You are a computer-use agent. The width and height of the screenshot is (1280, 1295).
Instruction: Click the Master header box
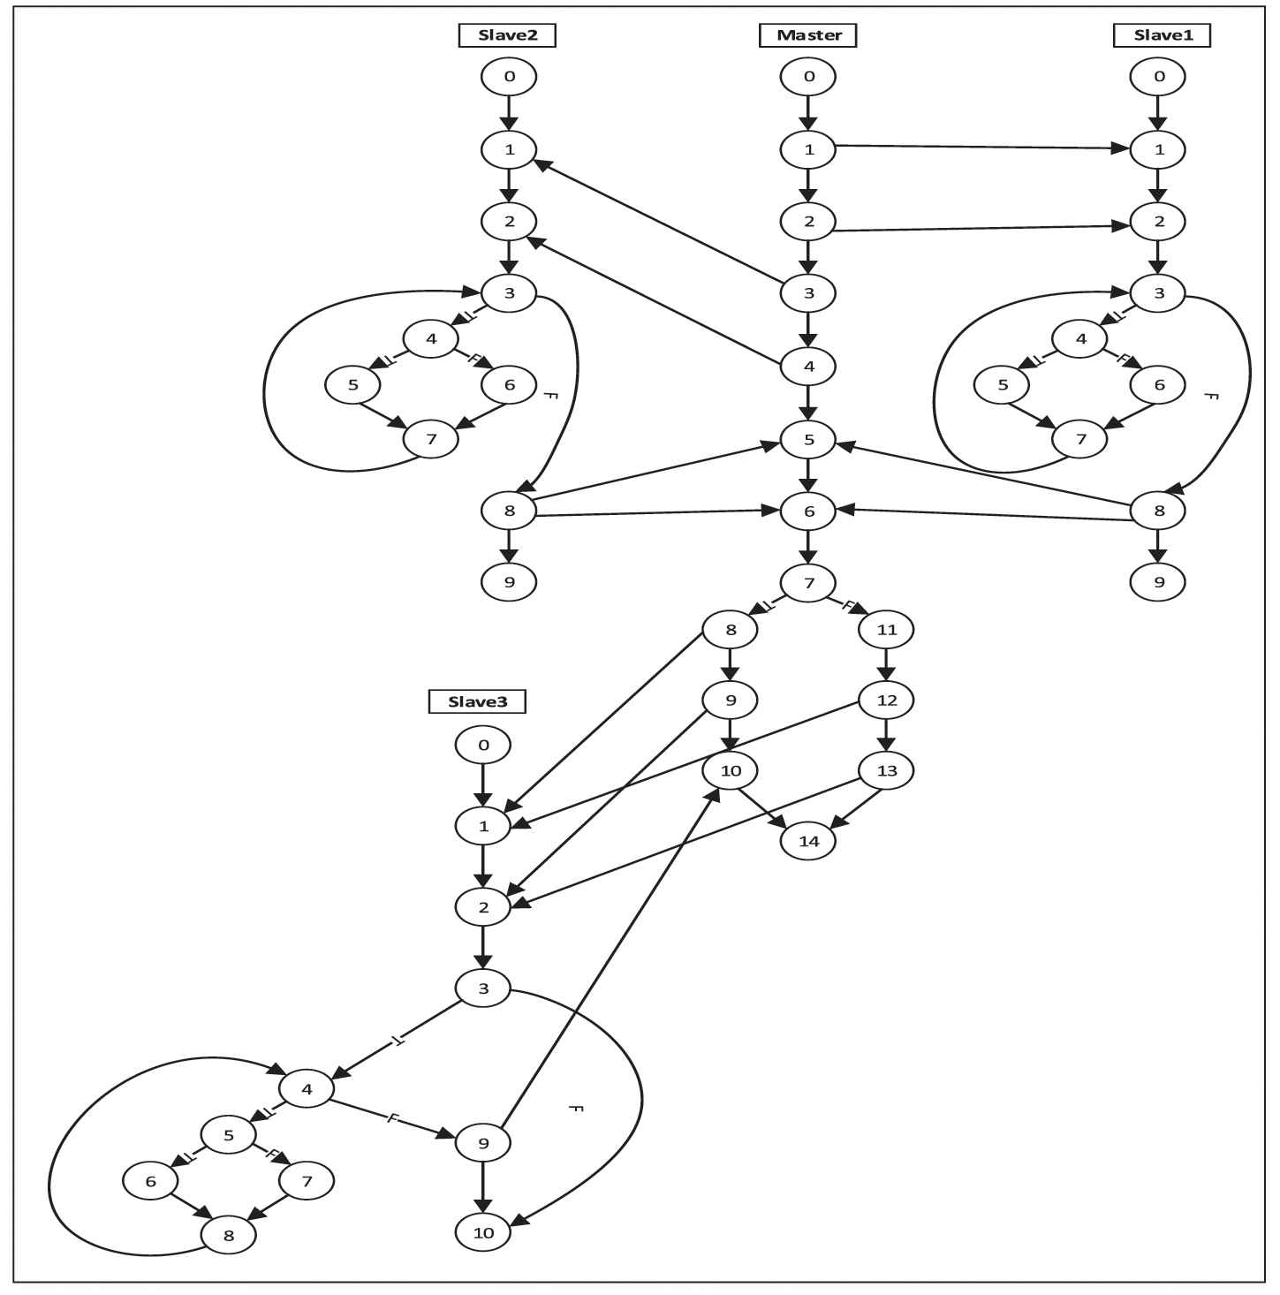pos(808,35)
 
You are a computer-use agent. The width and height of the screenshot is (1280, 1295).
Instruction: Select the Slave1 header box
pos(1160,35)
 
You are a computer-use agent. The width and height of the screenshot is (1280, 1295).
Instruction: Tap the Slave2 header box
pos(508,35)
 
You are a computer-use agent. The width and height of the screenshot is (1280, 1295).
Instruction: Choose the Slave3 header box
pos(478,701)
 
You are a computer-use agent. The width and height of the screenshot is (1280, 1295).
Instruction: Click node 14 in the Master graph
pos(809,841)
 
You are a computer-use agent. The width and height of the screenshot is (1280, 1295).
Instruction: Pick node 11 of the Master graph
pos(887,630)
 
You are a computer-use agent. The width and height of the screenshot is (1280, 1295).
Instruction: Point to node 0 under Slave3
pos(483,745)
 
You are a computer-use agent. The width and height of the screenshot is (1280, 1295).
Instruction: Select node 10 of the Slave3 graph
pos(483,1232)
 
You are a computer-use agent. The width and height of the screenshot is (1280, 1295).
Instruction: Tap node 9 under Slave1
pos(1159,582)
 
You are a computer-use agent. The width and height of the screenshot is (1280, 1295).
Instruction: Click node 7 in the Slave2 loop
pos(431,439)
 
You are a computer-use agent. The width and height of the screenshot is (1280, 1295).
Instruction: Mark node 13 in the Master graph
pos(887,770)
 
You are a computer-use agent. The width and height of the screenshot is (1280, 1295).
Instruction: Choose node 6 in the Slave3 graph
pos(151,1181)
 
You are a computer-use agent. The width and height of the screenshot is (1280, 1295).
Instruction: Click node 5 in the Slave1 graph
pos(1003,384)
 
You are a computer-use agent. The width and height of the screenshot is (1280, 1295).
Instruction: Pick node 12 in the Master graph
pos(887,701)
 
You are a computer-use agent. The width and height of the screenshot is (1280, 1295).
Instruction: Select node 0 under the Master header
pos(809,77)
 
